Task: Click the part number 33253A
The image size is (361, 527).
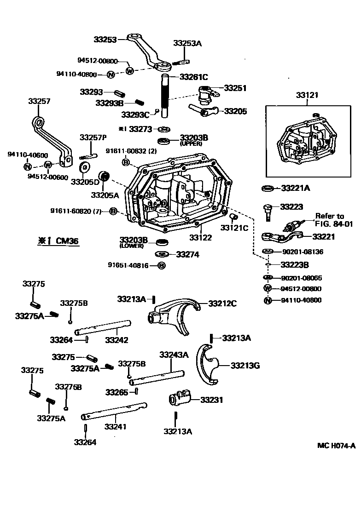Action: [x=187, y=44]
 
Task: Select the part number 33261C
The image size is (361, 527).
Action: [x=193, y=77]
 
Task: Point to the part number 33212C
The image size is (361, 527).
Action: [x=222, y=303]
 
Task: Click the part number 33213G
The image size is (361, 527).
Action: [x=245, y=366]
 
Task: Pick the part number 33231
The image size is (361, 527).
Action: [x=211, y=400]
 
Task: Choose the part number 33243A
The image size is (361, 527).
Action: [x=174, y=355]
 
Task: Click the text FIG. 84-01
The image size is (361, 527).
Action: [x=334, y=224]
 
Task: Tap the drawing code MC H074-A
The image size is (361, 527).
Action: [x=337, y=445]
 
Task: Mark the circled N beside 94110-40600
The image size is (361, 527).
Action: [x=28, y=166]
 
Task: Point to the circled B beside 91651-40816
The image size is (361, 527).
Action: [x=161, y=265]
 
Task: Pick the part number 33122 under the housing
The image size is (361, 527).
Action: [x=200, y=237]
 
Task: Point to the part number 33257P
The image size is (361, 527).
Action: [x=93, y=137]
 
